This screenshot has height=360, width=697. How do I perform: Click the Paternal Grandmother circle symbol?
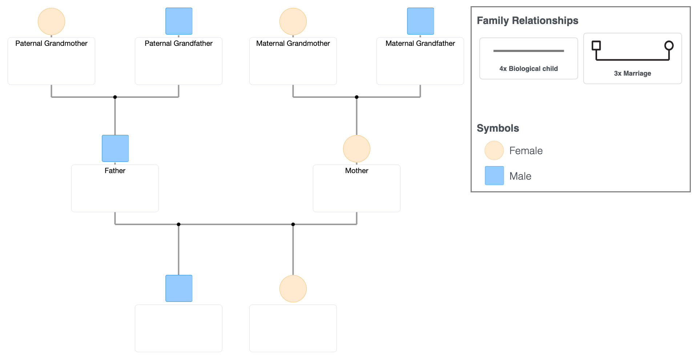(x=51, y=21)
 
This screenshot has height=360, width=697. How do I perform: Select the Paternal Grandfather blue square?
(x=179, y=21)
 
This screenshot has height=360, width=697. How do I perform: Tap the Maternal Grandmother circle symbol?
(x=293, y=21)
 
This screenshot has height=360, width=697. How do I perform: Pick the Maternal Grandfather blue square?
(x=420, y=21)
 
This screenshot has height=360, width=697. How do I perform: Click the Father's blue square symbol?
(x=115, y=148)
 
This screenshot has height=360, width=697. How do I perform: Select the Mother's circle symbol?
(x=356, y=149)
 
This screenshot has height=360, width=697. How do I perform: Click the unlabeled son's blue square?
(x=179, y=288)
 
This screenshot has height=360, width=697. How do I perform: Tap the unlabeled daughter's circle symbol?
(x=293, y=289)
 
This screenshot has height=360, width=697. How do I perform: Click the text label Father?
(x=115, y=171)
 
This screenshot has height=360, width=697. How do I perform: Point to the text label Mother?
(x=356, y=171)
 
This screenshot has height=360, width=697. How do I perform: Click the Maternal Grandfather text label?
(x=420, y=43)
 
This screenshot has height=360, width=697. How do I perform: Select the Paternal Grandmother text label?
(x=51, y=43)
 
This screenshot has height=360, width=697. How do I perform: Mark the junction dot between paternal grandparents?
(x=115, y=97)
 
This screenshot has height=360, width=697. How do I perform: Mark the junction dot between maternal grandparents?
(x=356, y=97)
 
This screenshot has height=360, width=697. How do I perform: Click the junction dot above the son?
(x=178, y=224)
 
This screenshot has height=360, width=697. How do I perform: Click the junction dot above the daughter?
(x=293, y=224)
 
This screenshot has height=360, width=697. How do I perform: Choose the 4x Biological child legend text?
(x=528, y=69)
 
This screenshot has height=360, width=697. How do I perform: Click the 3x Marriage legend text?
(x=632, y=73)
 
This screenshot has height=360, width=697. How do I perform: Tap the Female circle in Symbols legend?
(x=494, y=151)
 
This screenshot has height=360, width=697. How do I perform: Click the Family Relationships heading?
(x=527, y=21)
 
